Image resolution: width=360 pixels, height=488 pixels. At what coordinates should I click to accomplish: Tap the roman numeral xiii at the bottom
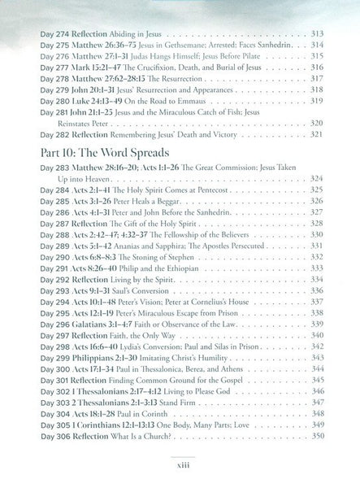[179, 479]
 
